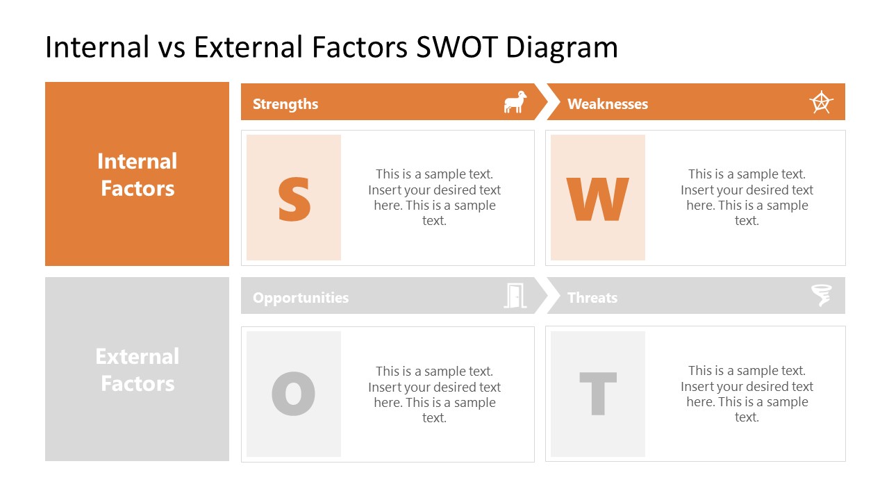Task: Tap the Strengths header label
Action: click(285, 104)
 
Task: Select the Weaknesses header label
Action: click(608, 104)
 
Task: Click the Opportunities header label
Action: click(301, 298)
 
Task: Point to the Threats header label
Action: click(592, 298)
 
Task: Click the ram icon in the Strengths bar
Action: click(515, 103)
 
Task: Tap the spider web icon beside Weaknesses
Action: click(822, 103)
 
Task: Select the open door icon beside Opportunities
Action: click(515, 296)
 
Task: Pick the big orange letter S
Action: click(294, 199)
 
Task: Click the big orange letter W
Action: click(597, 199)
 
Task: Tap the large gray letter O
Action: click(293, 394)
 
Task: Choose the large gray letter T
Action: click(597, 394)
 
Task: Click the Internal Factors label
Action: click(137, 174)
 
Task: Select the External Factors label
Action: click(137, 369)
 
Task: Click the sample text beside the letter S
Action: click(434, 197)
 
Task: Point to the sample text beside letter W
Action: click(747, 197)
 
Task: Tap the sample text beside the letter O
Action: click(434, 394)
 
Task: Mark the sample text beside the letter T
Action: click(747, 394)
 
